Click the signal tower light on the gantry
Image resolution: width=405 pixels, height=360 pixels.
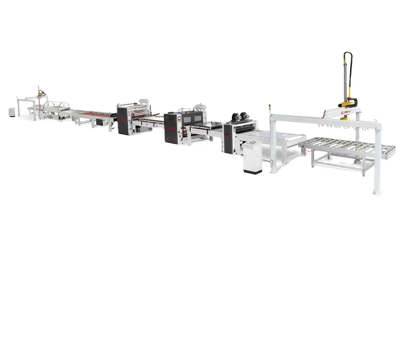[270, 108]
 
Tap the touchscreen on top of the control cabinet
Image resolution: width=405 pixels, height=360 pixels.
[250, 143]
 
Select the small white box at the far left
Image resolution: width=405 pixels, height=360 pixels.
[11, 112]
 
